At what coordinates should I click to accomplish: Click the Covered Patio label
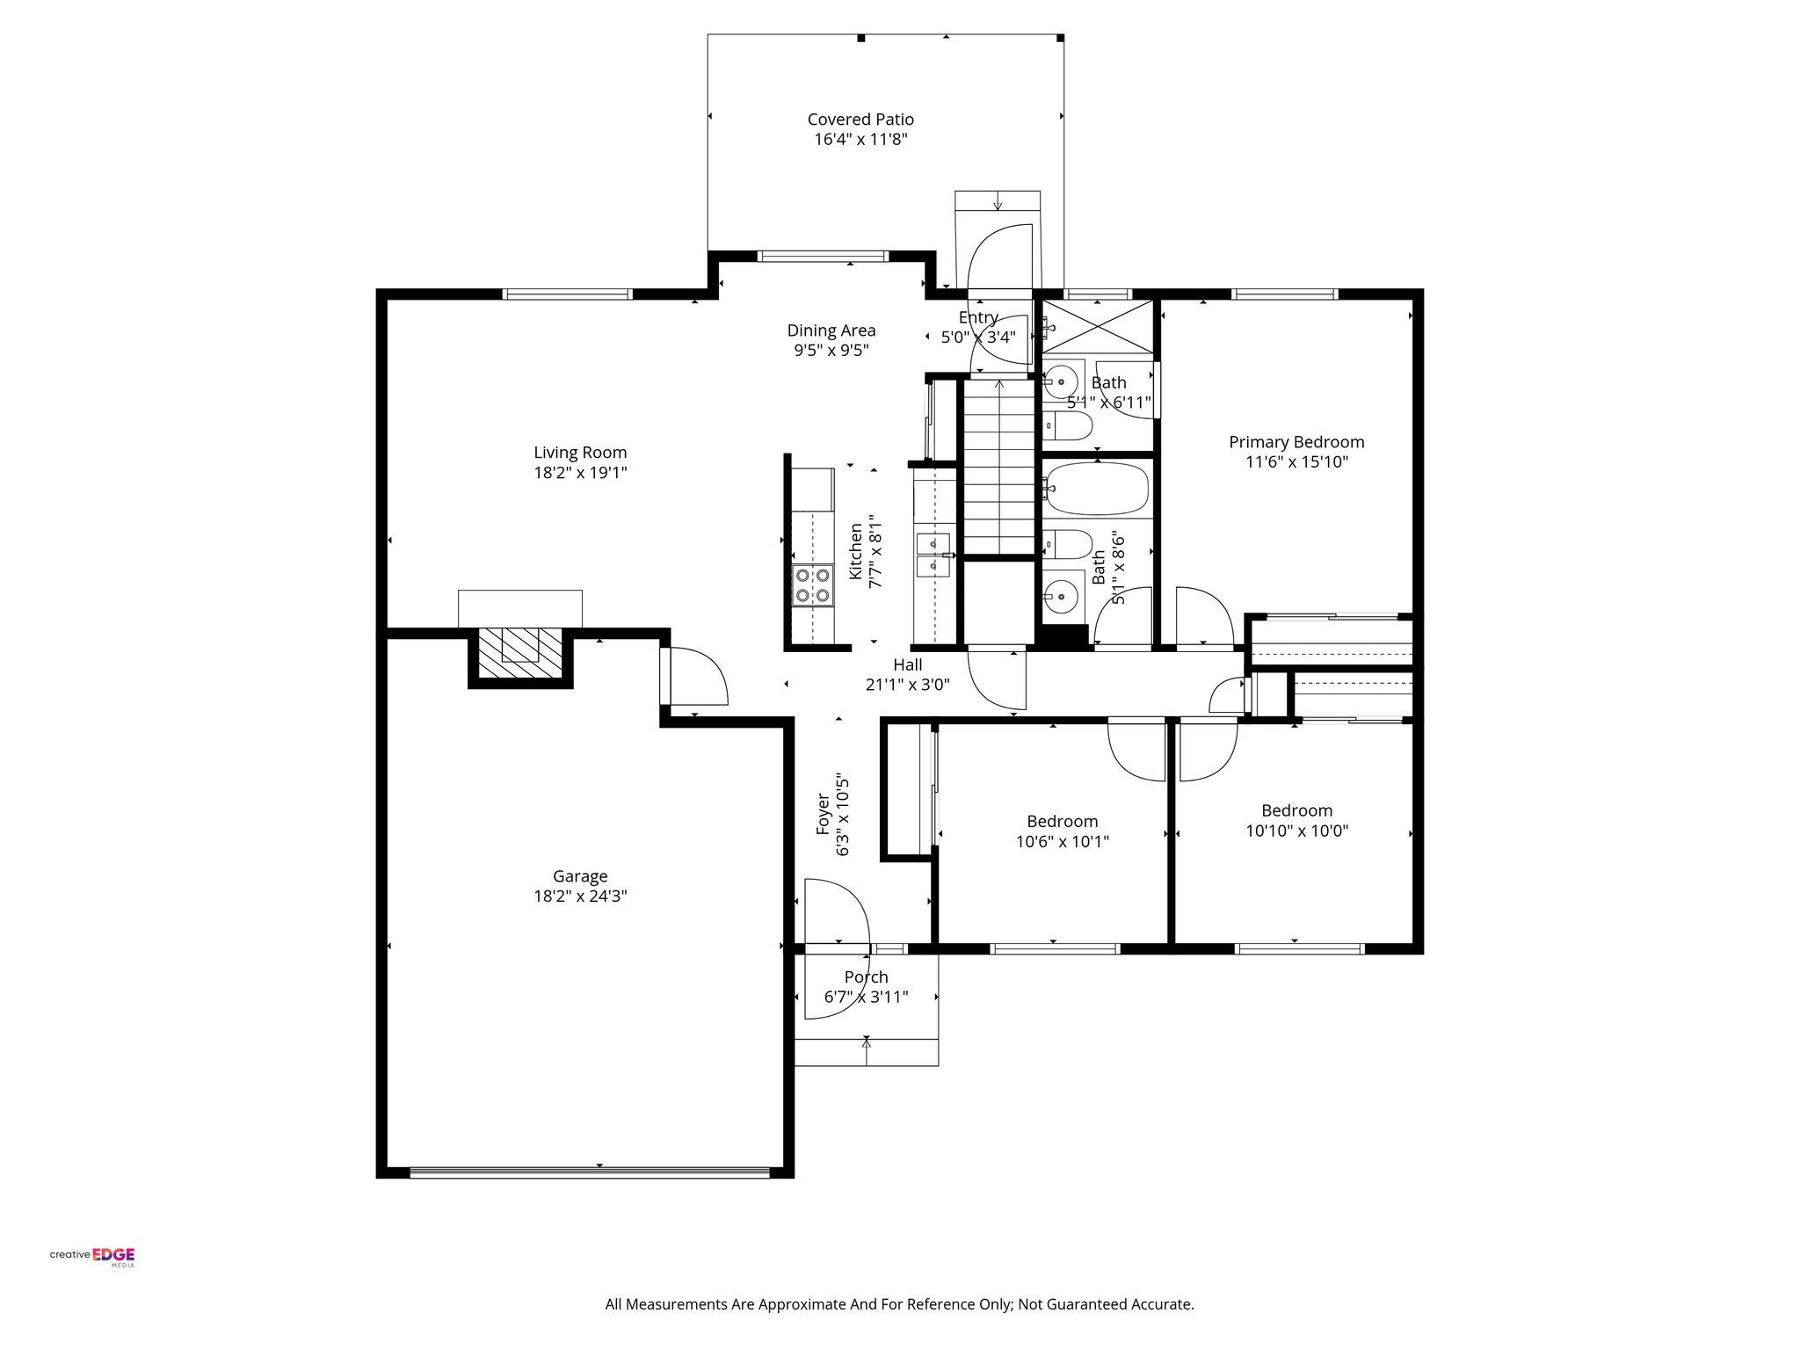(860, 120)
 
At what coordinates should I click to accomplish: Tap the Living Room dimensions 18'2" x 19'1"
(580, 473)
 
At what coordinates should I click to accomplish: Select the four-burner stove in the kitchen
(811, 586)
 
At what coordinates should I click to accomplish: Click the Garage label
(580, 876)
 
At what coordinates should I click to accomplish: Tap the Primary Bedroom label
(1296, 442)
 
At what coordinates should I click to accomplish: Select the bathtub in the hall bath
(1097, 490)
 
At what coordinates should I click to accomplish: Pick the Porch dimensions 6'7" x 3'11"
(866, 998)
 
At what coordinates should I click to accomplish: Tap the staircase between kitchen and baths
(998, 466)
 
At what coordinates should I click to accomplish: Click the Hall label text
(908, 665)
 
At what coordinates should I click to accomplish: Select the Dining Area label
(831, 330)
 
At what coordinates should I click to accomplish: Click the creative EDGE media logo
(92, 1256)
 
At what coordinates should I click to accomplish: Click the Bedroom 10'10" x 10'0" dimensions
(1296, 831)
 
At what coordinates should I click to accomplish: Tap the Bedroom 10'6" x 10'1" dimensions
(1062, 841)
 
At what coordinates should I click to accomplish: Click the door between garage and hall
(694, 677)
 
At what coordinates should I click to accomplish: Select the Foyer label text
(824, 814)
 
